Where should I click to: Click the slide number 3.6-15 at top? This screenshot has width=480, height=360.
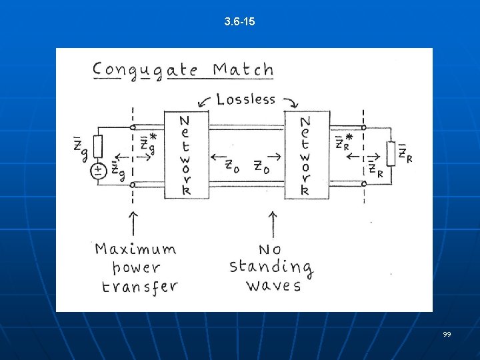click(240, 23)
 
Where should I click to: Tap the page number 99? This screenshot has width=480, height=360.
click(447, 333)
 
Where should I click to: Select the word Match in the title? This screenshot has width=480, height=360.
click(244, 69)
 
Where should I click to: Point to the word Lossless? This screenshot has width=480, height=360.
click(246, 100)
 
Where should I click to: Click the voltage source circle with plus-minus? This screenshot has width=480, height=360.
click(99, 171)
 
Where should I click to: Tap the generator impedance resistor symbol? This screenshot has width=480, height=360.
click(99, 146)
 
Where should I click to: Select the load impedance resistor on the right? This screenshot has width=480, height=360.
click(391, 153)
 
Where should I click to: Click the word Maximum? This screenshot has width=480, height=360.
click(135, 249)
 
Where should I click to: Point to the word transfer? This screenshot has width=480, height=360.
click(139, 287)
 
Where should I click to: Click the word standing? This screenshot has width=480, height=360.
click(271, 267)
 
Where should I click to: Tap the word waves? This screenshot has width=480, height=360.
click(273, 286)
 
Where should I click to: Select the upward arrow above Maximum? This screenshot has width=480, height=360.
click(133, 223)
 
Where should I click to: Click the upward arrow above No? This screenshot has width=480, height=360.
click(271, 223)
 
